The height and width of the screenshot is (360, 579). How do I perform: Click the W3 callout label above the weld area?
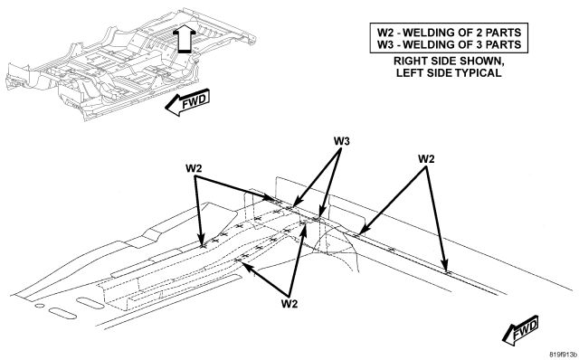[x=342, y=141]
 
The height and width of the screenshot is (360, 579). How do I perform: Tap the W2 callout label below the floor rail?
[x=289, y=304]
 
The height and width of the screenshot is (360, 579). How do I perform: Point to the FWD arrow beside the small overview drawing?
[x=187, y=102]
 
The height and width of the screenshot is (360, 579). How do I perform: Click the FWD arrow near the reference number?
[x=520, y=330]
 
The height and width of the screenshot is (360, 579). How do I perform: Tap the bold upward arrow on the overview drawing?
[x=184, y=39]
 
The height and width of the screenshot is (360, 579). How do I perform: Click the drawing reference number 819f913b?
[x=563, y=355]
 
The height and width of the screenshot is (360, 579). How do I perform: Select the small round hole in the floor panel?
[x=39, y=306]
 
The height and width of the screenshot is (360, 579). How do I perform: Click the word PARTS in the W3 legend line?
[x=504, y=44]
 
